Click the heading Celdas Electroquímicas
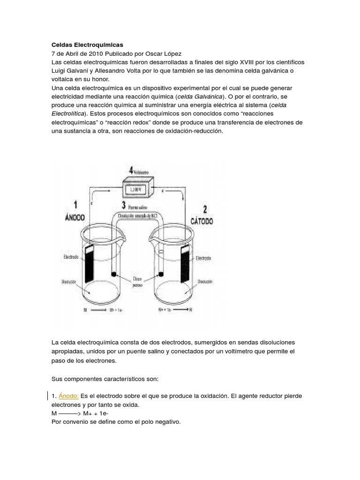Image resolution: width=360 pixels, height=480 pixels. pos(87,45)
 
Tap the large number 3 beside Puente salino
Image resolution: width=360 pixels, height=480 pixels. pos(124,205)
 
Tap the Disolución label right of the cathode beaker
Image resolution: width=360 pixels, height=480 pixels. pos(205,282)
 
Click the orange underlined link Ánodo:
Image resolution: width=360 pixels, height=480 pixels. pos(68,396)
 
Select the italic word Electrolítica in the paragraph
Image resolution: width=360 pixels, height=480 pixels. pos(68,114)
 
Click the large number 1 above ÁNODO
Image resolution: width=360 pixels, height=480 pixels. pos(75,205)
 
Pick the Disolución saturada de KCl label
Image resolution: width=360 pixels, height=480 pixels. pos(135,215)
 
